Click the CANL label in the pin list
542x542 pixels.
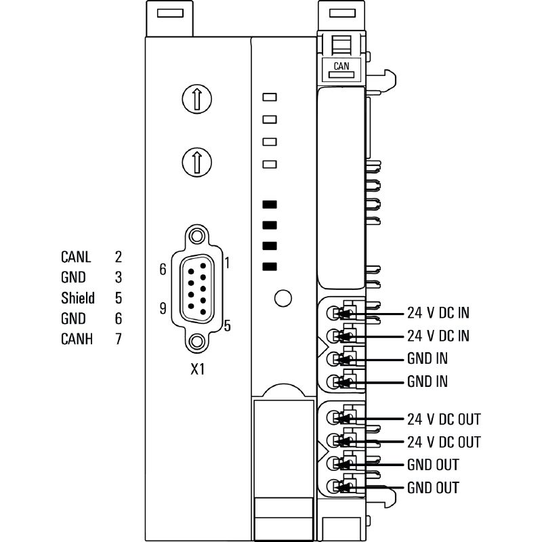point(76,257)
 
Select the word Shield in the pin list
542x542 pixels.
point(78,298)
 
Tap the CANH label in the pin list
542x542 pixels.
point(77,339)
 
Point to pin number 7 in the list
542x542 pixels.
point(118,339)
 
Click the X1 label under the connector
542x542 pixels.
point(198,369)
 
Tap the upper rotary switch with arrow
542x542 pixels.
point(196,99)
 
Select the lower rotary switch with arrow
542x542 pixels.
point(196,162)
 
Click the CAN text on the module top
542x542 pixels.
point(341,66)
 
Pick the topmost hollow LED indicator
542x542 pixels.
point(270,97)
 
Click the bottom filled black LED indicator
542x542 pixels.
point(270,266)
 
